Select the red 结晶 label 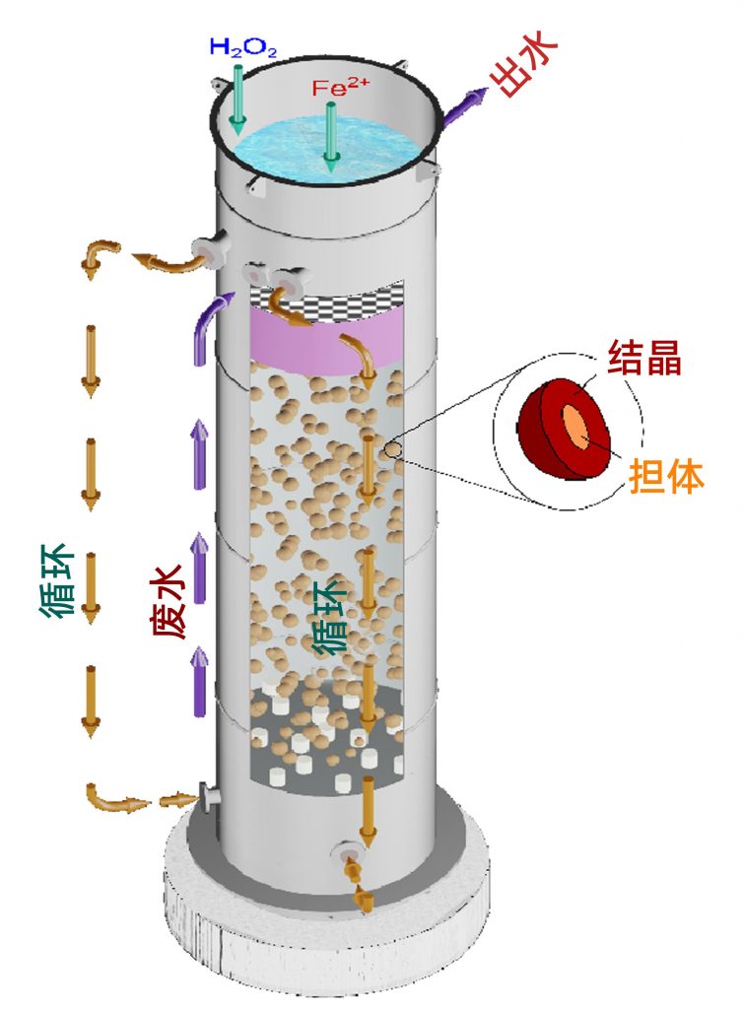click(644, 360)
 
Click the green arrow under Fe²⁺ click(332, 138)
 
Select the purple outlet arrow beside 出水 click(462, 106)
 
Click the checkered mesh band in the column click(325, 295)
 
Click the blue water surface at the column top click(296, 148)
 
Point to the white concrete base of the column click(325, 946)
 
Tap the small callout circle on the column click(393, 450)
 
